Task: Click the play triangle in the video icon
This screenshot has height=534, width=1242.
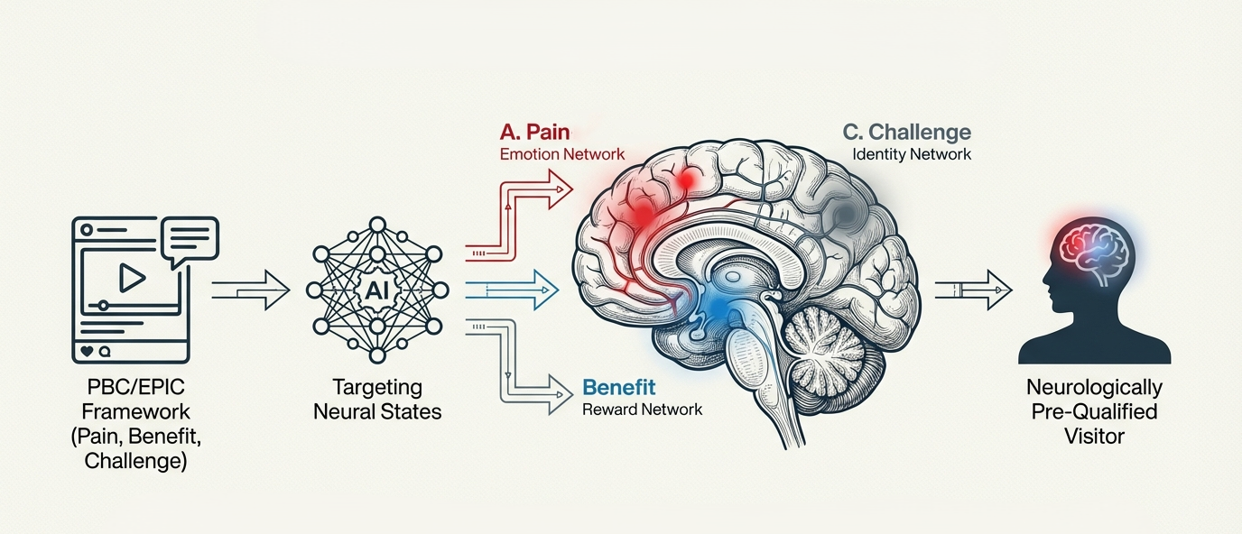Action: point(131,277)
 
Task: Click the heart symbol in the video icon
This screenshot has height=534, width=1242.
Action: point(87,351)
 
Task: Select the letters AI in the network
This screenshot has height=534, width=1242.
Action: point(377,290)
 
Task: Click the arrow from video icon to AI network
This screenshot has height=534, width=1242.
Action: point(251,290)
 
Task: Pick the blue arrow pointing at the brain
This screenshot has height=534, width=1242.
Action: point(512,290)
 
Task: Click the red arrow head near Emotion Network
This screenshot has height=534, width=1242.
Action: point(560,189)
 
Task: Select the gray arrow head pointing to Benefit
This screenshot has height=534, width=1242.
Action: point(560,394)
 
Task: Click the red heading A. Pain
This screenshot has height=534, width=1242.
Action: point(534,132)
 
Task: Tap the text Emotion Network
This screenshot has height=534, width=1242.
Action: point(562,154)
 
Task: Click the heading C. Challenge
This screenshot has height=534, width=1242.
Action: point(906,133)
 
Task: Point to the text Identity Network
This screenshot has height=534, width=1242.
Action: point(912,154)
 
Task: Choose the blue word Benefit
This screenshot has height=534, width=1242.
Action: point(619,387)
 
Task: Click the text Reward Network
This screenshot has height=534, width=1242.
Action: point(642,410)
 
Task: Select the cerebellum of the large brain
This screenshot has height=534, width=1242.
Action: point(828,348)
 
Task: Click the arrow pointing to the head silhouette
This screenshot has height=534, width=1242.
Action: point(974,290)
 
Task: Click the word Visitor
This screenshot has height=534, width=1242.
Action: point(1094,437)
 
